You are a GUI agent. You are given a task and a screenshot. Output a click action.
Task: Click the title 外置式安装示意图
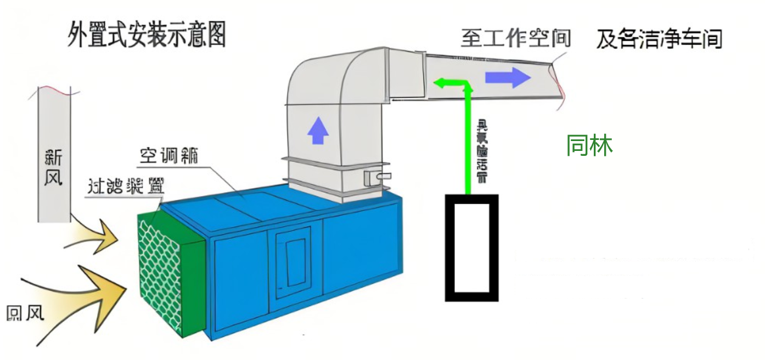147,35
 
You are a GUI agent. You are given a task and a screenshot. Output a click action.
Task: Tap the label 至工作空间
516,38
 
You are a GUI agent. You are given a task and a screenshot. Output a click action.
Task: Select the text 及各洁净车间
659,40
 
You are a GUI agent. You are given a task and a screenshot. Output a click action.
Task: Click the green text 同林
589,145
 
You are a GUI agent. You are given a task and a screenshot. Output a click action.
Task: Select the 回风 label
25,313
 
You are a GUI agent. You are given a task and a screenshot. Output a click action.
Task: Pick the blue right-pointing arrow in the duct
508,77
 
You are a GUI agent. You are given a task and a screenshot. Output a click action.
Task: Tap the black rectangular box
471,248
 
